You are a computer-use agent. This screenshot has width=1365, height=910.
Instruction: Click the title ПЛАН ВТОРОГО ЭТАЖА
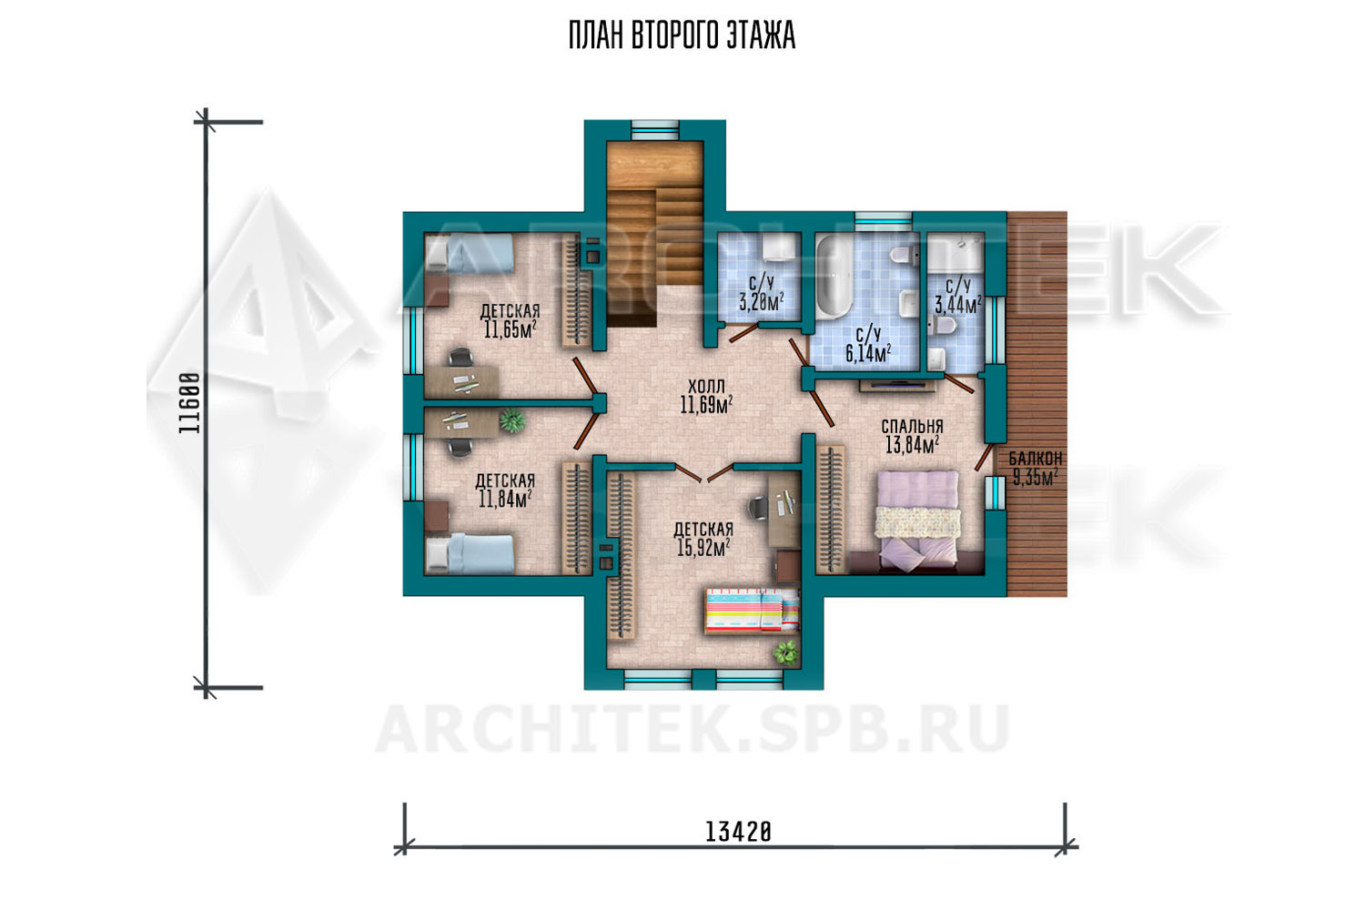click(x=682, y=36)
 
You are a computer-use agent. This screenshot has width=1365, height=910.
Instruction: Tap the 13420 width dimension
click(x=738, y=832)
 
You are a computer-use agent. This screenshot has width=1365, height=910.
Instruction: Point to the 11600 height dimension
click(x=189, y=403)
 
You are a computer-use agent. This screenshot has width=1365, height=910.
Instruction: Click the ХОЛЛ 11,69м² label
click(x=706, y=396)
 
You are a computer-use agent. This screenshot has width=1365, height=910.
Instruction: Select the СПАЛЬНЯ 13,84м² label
click(x=912, y=437)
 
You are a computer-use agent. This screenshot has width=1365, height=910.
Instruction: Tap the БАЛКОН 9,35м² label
click(x=1036, y=468)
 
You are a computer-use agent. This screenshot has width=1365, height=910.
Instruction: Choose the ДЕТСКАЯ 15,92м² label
click(x=703, y=539)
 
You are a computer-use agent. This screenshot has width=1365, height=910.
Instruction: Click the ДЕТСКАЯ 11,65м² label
click(x=510, y=320)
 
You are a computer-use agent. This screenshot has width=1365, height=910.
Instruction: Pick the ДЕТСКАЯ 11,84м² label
click(x=505, y=490)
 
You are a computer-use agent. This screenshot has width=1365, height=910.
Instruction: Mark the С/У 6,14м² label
click(x=868, y=345)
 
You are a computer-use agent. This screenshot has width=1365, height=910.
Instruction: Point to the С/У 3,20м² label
click(x=761, y=293)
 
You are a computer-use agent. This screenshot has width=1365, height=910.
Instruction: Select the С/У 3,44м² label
click(x=958, y=297)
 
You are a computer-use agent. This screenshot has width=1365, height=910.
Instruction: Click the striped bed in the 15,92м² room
click(x=752, y=610)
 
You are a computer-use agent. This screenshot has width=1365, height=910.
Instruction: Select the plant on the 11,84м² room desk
click(x=512, y=420)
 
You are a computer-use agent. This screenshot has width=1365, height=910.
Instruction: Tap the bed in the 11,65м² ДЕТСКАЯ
click(x=470, y=254)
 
